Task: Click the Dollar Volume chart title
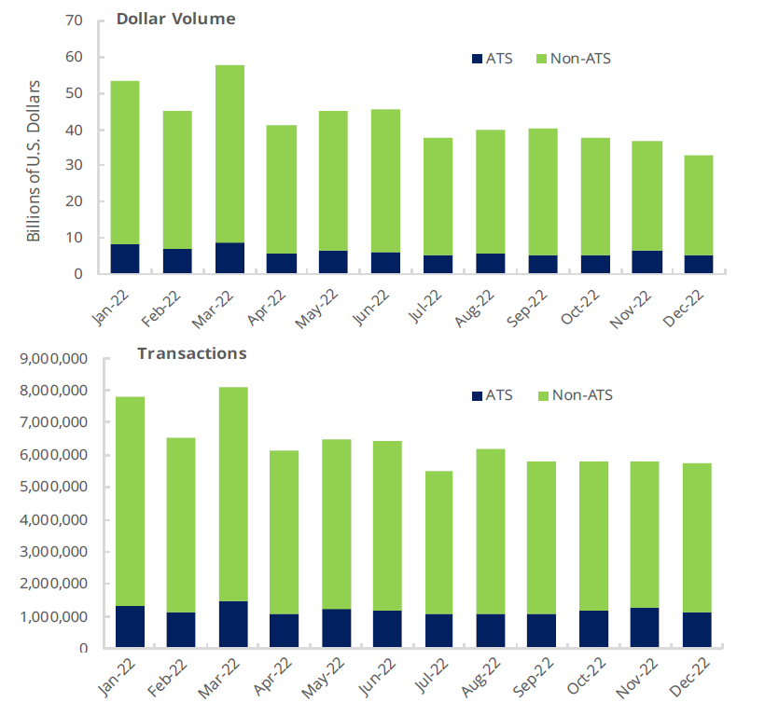[x=175, y=19]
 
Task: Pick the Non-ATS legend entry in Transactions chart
[x=571, y=395]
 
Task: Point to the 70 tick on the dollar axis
[x=75, y=21]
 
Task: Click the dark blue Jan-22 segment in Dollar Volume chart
[x=125, y=258]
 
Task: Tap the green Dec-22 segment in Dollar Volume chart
[x=697, y=205]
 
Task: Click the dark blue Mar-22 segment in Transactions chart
[x=233, y=625]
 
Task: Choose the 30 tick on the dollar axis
[x=75, y=166]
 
